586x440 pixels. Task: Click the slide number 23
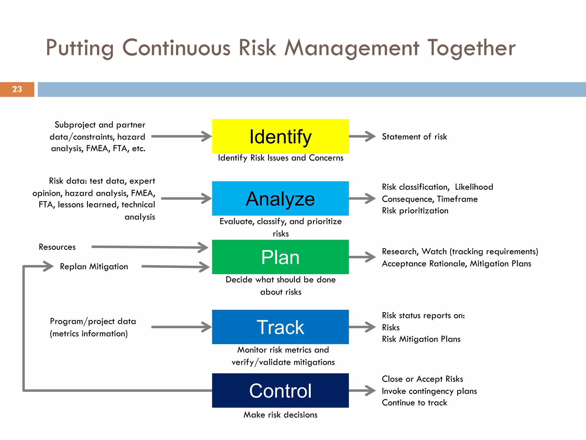pos(17,89)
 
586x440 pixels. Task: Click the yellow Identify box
pos(280,136)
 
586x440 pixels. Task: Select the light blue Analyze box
pos(280,199)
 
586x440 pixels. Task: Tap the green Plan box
pos(280,257)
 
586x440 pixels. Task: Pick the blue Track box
pos(280,327)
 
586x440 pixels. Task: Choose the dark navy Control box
pos(280,390)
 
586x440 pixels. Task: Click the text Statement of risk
pos(414,137)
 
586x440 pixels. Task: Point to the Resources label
pos(57,247)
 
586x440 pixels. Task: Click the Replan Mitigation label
pos(94,266)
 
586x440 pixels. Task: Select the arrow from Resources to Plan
pos(149,247)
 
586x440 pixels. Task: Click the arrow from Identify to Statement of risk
pos(362,136)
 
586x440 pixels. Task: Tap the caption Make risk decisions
pos(280,415)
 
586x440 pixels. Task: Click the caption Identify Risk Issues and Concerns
pos(280,158)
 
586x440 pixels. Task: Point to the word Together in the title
pos(471,48)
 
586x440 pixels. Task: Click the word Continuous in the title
pos(176,48)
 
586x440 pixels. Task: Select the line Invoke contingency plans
pos(429,391)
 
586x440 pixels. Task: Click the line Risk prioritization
pos(415,211)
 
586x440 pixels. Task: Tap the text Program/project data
pos(93,321)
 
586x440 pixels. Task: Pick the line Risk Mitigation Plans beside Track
pos(421,339)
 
